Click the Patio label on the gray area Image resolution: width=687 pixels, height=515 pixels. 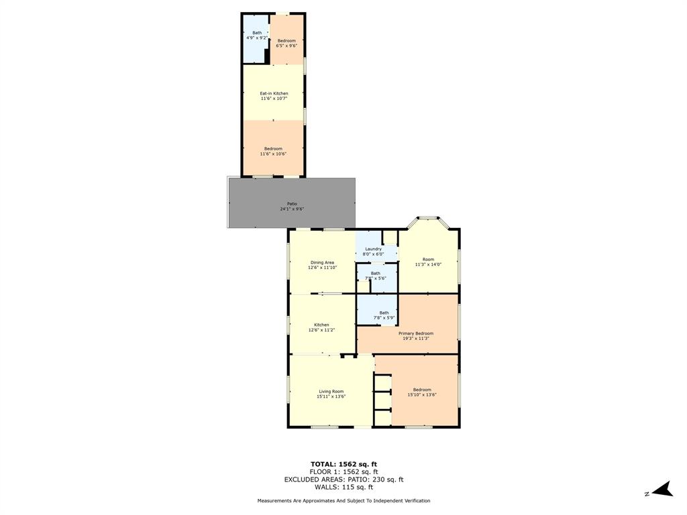[292, 204]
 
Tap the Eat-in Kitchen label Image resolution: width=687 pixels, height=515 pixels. [274, 93]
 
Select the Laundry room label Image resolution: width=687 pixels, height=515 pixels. [374, 249]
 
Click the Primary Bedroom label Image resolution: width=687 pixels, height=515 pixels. [415, 333]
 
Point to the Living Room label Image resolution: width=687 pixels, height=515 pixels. [331, 392]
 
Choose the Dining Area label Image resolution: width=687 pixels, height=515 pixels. [322, 262]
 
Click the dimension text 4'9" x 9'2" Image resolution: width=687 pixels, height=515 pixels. [257, 38]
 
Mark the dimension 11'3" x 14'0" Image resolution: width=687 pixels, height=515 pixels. [428, 265]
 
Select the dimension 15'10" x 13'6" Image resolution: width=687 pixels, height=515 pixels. [422, 395]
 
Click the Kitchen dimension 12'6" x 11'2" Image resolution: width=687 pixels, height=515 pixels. [321, 330]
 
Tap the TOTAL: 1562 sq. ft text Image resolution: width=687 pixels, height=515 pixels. [343, 464]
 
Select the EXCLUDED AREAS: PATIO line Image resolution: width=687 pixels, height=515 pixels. [343, 479]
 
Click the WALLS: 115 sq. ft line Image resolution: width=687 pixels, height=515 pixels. [343, 487]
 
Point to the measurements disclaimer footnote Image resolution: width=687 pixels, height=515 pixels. [343, 501]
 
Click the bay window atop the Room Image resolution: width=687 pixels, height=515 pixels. [428, 218]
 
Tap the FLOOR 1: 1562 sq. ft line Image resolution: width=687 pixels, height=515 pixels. [343, 472]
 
